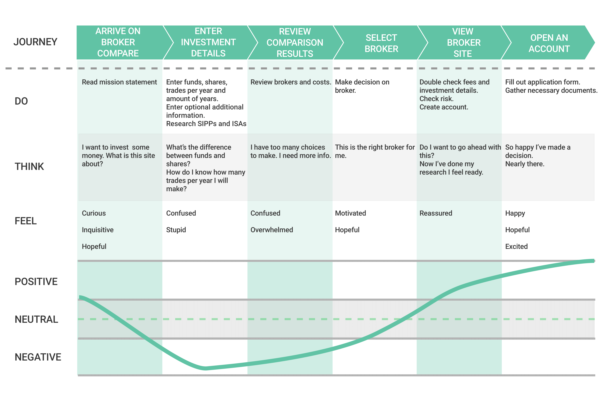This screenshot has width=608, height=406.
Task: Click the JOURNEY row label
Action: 35,42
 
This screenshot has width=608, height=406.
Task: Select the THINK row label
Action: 29,166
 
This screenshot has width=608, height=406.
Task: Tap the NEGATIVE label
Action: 38,357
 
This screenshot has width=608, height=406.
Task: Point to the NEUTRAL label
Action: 36,319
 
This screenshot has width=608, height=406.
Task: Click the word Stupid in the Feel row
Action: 176,230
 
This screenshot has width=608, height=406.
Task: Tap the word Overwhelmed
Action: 272,230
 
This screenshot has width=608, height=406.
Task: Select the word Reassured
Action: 436,213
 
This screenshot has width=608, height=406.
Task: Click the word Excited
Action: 516,247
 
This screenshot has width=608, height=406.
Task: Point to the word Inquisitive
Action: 98,230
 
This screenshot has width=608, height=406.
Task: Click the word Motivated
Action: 351,213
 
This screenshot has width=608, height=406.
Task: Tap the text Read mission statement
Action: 119,82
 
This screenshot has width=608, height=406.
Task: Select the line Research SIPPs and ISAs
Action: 206,124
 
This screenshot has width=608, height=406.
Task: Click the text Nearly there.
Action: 525,164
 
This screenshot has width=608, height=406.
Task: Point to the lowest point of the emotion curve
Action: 206,368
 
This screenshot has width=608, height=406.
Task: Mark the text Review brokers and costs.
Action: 291,82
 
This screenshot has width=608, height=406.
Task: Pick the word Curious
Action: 94,213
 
